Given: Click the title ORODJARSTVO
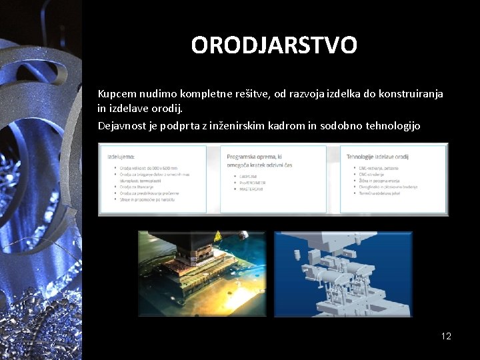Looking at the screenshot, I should click(x=273, y=45).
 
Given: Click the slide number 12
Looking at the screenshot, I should click(x=446, y=336).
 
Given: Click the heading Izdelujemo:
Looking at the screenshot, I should click(x=121, y=156).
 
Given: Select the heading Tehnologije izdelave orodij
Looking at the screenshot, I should click(x=377, y=156).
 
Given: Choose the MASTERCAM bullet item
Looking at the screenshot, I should click(x=249, y=189).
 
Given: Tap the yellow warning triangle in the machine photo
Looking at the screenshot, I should click(x=217, y=237).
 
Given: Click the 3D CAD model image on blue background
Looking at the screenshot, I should click(x=343, y=273).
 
